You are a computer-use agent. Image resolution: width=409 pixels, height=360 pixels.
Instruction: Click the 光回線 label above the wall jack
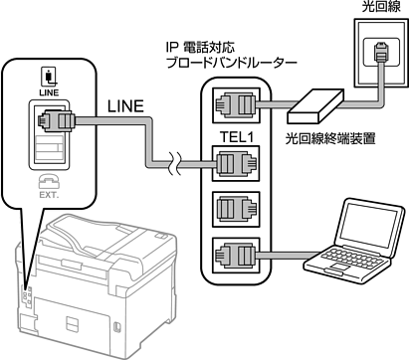click(381, 7)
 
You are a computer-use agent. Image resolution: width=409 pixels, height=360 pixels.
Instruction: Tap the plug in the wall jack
click(380, 52)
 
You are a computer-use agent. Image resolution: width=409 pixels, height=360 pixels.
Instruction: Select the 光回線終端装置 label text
click(330, 138)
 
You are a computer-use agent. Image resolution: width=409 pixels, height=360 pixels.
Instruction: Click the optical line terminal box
click(315, 106)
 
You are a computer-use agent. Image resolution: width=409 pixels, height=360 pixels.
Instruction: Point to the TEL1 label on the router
click(237, 136)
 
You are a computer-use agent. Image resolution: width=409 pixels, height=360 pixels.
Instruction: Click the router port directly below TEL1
click(236, 163)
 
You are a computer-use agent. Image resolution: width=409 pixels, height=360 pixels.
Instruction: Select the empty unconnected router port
click(236, 209)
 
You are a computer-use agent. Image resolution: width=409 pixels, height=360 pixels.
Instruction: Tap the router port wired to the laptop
click(236, 256)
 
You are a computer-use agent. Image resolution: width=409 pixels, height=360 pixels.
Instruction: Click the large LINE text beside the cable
click(125, 106)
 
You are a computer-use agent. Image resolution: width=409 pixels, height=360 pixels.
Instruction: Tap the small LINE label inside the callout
click(49, 92)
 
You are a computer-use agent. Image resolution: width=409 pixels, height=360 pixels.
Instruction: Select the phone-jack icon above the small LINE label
click(49, 76)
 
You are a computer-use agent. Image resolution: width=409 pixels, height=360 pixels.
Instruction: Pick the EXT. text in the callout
click(49, 195)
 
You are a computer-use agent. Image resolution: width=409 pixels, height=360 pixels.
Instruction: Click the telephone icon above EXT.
click(49, 182)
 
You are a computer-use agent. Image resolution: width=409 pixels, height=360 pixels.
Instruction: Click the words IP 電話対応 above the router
click(200, 47)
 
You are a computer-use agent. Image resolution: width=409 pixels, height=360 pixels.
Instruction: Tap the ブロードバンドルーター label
click(231, 63)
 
